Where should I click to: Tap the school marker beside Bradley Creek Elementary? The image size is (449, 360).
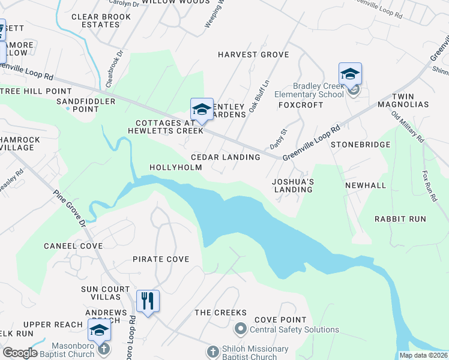[350, 74]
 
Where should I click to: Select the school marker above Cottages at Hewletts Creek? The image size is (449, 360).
[202, 109]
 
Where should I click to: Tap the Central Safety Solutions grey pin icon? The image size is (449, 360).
[241, 329]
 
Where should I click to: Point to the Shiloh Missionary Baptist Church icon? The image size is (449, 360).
[212, 351]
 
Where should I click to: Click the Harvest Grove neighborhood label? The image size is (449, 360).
[253, 55]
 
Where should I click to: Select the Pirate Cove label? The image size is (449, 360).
[161, 259]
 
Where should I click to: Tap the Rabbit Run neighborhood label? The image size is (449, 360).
[400, 219]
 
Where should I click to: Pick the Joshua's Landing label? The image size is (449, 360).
[292, 185]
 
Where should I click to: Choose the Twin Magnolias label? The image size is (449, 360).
[411, 100]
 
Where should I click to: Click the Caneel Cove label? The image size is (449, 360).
[73, 246]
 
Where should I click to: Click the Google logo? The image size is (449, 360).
[20, 353]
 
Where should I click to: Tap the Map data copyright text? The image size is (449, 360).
[423, 355]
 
